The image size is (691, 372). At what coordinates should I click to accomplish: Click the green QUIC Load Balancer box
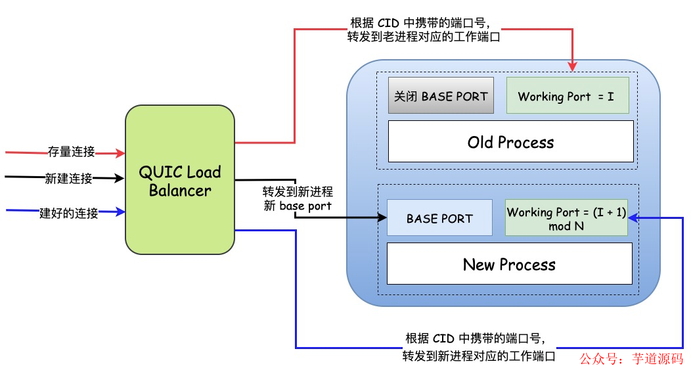(180, 180)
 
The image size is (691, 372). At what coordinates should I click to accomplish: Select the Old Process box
(510, 141)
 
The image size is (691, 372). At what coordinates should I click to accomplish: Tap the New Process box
(509, 264)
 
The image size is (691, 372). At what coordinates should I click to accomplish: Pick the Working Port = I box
(567, 96)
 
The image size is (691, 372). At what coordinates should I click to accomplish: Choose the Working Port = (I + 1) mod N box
(566, 218)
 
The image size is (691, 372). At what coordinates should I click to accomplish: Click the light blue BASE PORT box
(439, 218)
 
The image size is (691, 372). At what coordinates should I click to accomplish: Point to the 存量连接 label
(71, 152)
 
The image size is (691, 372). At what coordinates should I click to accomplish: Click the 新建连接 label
(68, 178)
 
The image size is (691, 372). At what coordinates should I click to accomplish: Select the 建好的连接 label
(68, 212)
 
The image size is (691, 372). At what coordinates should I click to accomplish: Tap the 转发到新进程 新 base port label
(298, 198)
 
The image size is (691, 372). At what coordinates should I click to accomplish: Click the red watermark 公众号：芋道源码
(631, 359)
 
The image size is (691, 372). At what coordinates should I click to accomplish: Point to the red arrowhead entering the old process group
(572, 66)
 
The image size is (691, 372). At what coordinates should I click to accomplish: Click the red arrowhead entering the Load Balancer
(120, 153)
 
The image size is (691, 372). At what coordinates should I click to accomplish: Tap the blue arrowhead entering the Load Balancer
(120, 212)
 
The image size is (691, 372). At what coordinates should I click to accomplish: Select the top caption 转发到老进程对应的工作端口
(424, 37)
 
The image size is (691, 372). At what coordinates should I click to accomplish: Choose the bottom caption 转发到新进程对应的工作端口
(479, 356)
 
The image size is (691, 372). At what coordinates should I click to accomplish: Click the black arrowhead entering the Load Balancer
(120, 178)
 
